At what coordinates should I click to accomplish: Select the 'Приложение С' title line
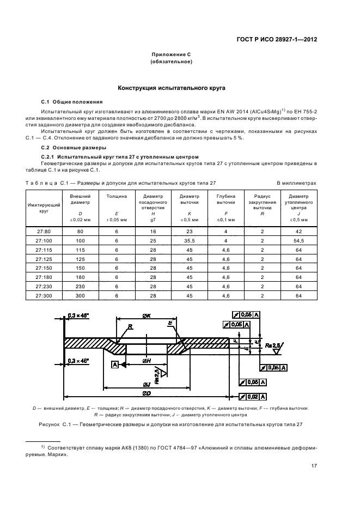[171, 55]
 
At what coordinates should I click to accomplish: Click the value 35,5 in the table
[190, 240]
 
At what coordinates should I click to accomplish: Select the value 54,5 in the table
[298, 240]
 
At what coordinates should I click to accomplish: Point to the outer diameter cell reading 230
[81, 286]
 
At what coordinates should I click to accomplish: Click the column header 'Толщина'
[117, 195]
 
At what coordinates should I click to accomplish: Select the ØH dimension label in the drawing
[147, 361]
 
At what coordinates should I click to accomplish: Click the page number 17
[314, 465]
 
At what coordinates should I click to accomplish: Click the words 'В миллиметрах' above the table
[296, 184]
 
